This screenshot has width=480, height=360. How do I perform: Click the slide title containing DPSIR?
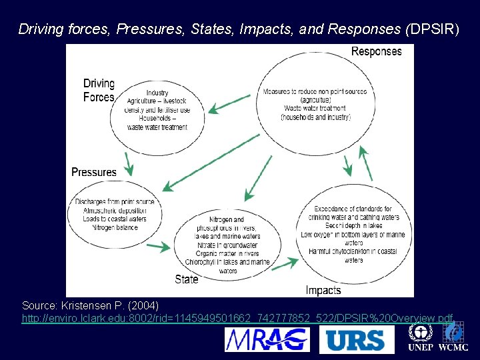[238, 29]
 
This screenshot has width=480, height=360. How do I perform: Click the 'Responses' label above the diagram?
[376, 51]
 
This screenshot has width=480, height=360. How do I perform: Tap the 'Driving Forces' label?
[99, 91]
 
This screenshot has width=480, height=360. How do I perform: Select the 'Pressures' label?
[94, 172]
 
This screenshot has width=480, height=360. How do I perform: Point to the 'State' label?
[187, 279]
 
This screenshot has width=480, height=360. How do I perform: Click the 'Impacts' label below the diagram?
[323, 290]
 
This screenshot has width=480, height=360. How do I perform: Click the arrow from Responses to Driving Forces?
[230, 104]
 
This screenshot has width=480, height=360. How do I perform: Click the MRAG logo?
[267, 340]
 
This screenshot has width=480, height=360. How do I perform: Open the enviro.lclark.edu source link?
[238, 319]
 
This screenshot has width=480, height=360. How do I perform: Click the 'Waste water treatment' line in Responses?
[315, 108]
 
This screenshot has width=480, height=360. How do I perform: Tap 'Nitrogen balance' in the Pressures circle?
[115, 228]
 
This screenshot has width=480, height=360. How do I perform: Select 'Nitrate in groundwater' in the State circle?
[227, 245]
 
